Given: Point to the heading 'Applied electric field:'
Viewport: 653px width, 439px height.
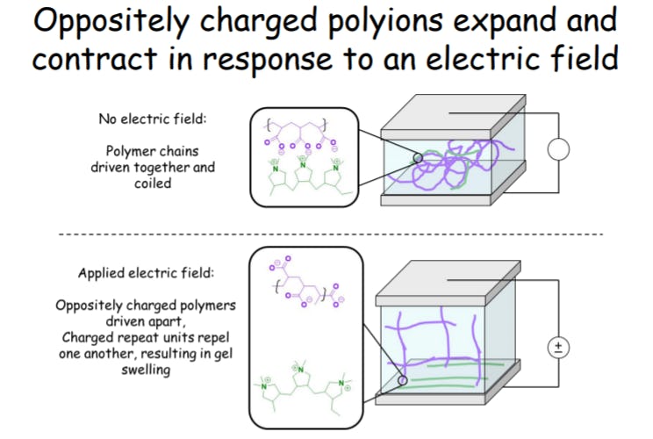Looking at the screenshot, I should point(146,273).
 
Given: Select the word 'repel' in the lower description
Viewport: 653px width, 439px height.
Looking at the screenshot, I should point(213,337).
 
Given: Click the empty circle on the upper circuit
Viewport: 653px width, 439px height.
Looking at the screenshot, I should point(559,149).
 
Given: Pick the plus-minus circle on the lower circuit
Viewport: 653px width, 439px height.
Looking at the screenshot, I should point(557,348).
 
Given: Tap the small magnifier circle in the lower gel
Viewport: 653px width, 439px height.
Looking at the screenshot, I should point(402,381).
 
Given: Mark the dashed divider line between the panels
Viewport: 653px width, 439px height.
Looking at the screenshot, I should point(330,234).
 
